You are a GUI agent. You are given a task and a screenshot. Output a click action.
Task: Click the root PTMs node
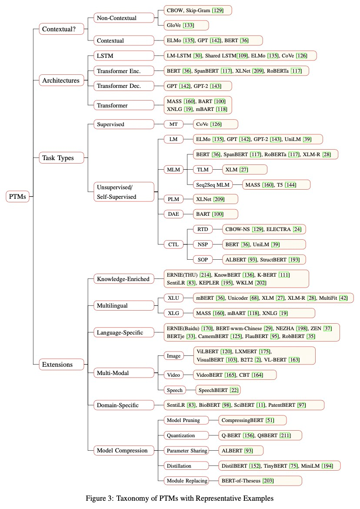[x=17, y=196]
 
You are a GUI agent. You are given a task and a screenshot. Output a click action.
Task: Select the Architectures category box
[x=61, y=80]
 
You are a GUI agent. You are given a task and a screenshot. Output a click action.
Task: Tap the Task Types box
[x=61, y=158]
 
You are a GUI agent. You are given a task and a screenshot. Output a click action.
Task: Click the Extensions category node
[x=61, y=364]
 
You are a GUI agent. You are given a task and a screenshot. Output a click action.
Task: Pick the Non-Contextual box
[x=124, y=18]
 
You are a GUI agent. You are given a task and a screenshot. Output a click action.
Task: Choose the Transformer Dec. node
[x=124, y=86]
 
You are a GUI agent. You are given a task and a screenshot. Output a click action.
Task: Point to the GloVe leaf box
[x=186, y=25]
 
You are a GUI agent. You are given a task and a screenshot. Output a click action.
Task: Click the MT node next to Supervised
[x=173, y=124]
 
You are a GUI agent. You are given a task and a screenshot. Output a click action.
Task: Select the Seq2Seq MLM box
[x=213, y=185]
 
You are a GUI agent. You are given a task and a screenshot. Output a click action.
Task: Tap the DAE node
[x=173, y=214]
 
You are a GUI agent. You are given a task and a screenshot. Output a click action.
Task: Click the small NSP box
[x=203, y=244]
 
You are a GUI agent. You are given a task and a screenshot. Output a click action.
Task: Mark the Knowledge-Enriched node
[x=124, y=279]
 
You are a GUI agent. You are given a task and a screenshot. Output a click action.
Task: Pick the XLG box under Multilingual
[x=173, y=313]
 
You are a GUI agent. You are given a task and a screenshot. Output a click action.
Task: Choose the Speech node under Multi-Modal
[x=175, y=390]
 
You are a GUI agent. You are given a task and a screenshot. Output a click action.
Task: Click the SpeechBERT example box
[x=218, y=390]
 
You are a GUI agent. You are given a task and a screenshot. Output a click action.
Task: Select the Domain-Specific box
[x=124, y=405]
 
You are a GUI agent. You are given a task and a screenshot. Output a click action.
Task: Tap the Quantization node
[x=186, y=435]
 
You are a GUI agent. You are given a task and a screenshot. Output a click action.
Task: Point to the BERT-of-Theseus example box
[x=260, y=481]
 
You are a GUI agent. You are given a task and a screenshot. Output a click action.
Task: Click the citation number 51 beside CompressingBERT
[x=270, y=420]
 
